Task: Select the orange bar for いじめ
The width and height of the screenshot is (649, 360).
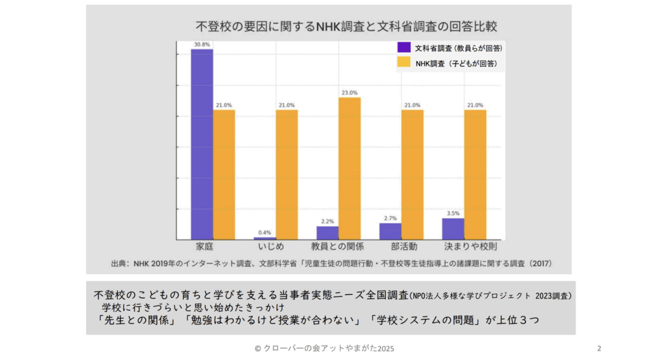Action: (x=286, y=174)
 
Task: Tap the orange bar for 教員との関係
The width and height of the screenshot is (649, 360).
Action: (x=349, y=168)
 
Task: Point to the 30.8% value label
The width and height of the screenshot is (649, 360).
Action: (x=202, y=44)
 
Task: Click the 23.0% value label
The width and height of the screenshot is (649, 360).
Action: (x=349, y=93)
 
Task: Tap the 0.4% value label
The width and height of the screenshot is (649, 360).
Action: (x=265, y=233)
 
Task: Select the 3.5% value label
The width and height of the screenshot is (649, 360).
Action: (x=453, y=214)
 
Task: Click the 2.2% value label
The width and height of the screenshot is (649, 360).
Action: (x=328, y=221)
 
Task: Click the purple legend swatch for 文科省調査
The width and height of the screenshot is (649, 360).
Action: (x=404, y=48)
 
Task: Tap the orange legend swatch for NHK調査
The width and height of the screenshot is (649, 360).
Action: (x=404, y=63)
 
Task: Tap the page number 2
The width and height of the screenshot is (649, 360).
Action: (x=599, y=349)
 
